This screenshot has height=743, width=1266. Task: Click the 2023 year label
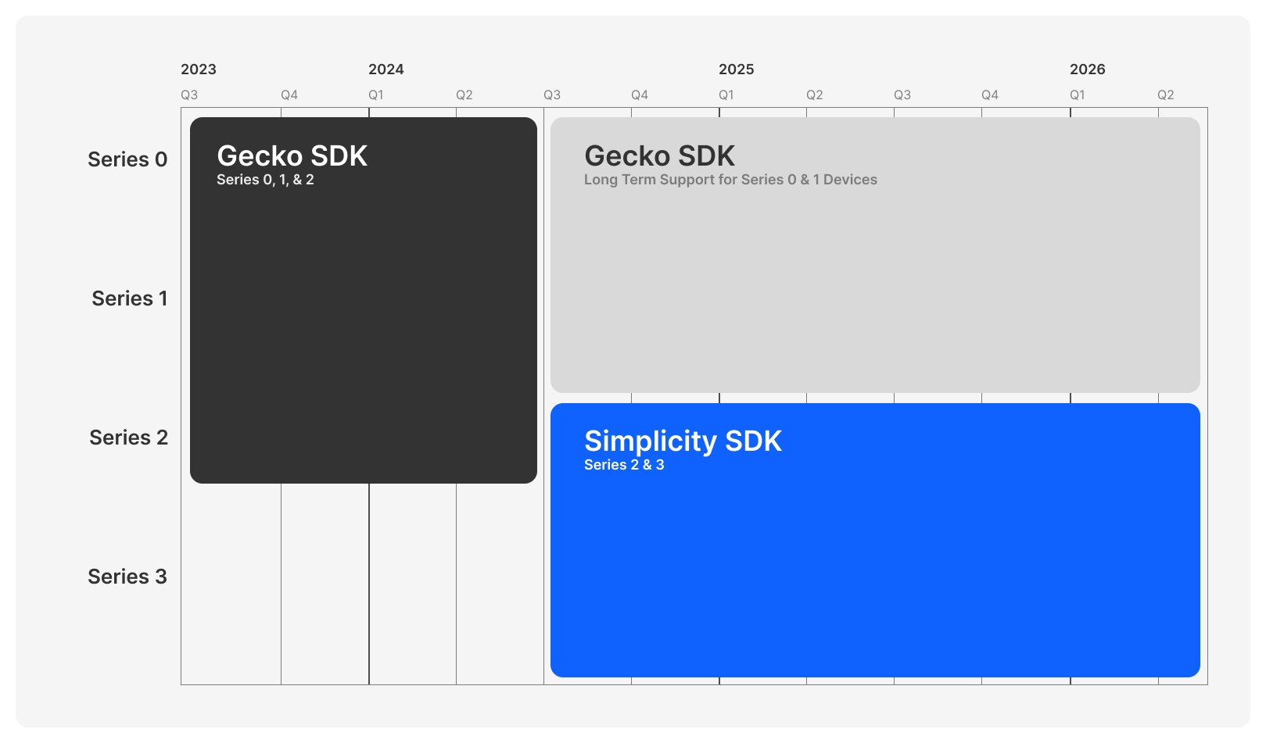click(x=199, y=70)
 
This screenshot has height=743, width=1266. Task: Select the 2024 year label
click(x=386, y=70)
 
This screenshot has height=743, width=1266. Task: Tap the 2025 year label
click(x=737, y=70)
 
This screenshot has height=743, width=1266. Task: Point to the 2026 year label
click(x=1088, y=70)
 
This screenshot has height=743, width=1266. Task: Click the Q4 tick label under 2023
click(x=289, y=95)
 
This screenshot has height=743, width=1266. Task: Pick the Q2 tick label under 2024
click(x=464, y=95)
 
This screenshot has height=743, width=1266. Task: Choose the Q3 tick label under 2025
click(x=902, y=95)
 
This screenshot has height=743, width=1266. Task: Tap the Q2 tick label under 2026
click(x=1166, y=95)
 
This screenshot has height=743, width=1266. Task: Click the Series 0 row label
click(x=127, y=160)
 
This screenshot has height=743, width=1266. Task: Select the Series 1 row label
click(x=130, y=298)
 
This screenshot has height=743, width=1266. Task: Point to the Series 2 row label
click(x=129, y=438)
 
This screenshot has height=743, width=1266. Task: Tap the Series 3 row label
click(x=127, y=577)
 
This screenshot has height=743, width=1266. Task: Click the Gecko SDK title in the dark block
click(x=292, y=155)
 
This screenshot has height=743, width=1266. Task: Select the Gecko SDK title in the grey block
click(x=659, y=155)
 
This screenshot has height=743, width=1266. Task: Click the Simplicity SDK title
click(x=683, y=441)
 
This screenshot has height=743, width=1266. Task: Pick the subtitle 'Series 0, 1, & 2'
click(x=265, y=180)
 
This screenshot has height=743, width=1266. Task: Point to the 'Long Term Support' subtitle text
click(x=731, y=180)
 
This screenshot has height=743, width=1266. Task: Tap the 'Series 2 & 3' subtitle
click(x=624, y=465)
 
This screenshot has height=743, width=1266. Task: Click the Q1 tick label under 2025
click(x=726, y=95)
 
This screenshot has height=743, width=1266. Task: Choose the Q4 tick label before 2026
click(x=990, y=95)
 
